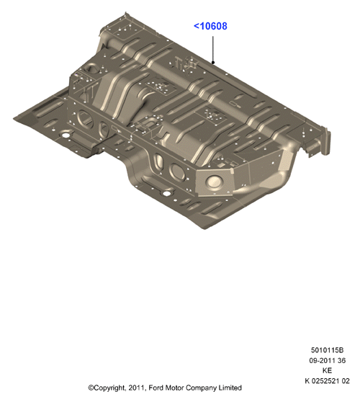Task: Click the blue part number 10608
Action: (213, 26)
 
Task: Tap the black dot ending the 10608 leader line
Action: (213, 62)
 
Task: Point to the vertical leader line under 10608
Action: (213, 49)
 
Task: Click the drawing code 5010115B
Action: (327, 350)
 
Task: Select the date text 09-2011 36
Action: (327, 360)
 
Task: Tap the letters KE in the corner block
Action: (327, 370)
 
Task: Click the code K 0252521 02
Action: (327, 381)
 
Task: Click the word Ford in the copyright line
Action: (155, 388)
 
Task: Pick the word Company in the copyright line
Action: (201, 388)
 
